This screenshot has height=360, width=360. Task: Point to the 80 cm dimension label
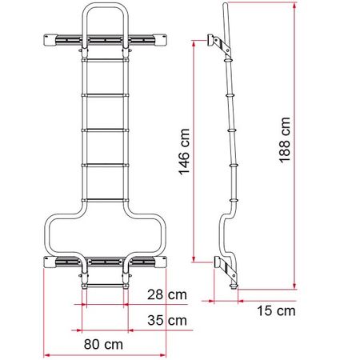pos(104,344)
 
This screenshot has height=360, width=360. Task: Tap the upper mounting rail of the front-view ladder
pos(103,40)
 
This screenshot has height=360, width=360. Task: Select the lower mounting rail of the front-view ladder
pos(103,261)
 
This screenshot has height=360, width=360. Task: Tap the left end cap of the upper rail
pos(45,40)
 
